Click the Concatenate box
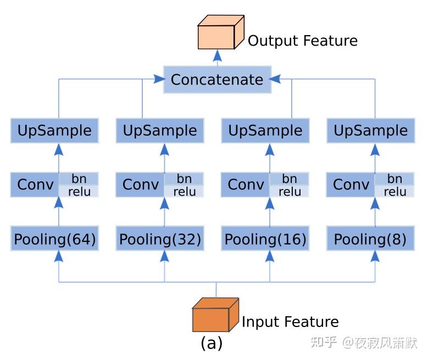click(217, 80)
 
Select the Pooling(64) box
click(55, 240)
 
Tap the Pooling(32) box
click(160, 240)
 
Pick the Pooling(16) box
click(265, 240)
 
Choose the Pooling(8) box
click(371, 240)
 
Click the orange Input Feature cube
click(215, 315)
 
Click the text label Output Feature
click(302, 41)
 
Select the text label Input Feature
click(290, 322)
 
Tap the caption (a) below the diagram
click(212, 344)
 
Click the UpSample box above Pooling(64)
click(55, 131)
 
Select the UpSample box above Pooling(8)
click(371, 131)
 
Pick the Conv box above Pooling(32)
click(140, 185)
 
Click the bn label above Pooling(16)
click(290, 179)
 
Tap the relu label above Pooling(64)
click(79, 191)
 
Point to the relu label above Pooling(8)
click(394, 191)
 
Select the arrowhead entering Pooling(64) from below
click(59, 256)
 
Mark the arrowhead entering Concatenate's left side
click(159, 80)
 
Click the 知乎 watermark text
click(324, 342)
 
